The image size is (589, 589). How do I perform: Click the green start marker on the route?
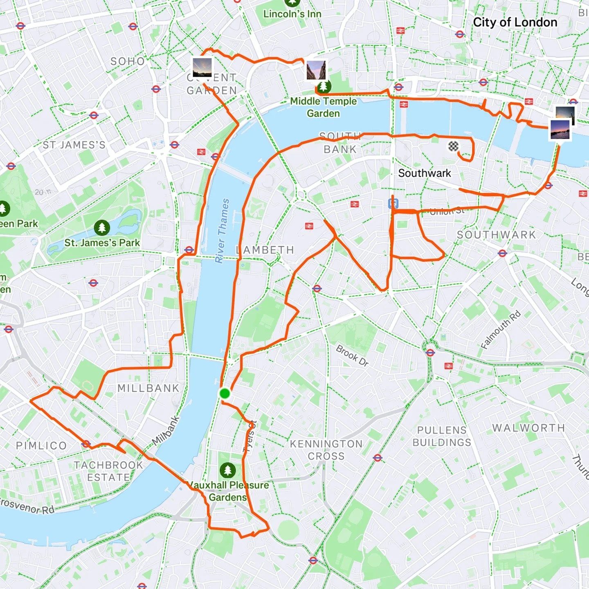pos(225,393)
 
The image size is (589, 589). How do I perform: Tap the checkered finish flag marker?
pos(453,146)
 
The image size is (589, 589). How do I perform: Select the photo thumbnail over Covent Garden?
pos(202,67)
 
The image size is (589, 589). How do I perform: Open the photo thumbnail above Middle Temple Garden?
pos(316,70)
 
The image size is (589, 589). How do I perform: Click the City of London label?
pos(515,22)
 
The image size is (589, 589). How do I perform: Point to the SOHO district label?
pos(128,61)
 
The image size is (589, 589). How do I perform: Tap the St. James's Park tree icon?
pos(102,227)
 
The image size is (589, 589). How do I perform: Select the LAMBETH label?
pos(265,250)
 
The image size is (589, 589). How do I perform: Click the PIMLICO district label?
pos(41,445)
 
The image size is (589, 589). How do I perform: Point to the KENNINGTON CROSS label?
pos(326,450)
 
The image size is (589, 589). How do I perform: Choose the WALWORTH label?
pos(528,428)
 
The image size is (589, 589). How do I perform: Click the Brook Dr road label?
pos(352,355)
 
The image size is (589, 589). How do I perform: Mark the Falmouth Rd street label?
pos(501,330)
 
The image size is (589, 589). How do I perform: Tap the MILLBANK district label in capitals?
pos(148,388)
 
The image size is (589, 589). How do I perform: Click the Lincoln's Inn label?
pos(292,14)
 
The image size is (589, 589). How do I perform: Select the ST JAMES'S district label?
pos(74,145)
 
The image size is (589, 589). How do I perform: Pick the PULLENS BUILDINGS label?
pos(442,436)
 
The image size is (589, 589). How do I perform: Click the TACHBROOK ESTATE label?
pos(108,471)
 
